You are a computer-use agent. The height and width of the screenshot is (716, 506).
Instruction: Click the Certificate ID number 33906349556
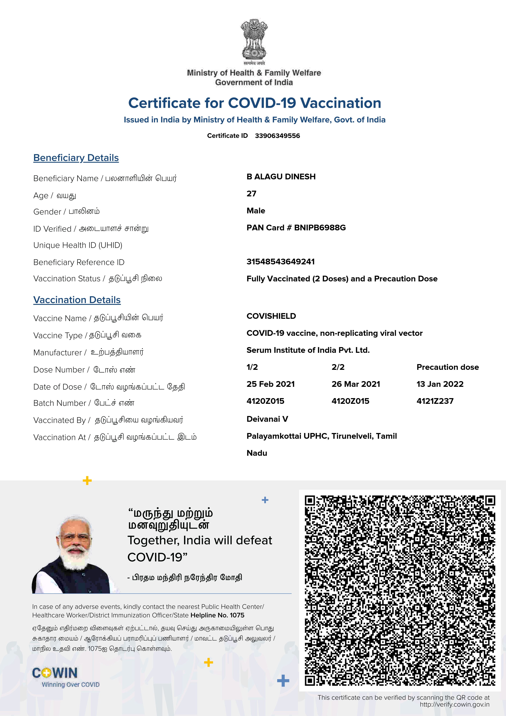point(277,136)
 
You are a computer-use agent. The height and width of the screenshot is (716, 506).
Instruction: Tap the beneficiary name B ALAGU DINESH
point(281,177)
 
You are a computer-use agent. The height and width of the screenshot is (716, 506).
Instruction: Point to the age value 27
point(251,194)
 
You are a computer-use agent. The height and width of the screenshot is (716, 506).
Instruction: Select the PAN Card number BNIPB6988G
point(320,228)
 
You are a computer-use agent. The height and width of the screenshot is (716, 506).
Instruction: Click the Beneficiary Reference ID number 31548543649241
point(280,262)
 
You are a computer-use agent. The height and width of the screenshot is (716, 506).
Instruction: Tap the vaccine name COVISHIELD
point(271,316)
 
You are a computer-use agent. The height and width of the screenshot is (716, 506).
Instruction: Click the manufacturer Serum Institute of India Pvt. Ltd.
point(308,350)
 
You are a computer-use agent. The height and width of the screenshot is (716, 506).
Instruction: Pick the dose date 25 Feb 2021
point(271,384)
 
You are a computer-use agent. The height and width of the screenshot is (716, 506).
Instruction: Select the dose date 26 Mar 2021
point(356,384)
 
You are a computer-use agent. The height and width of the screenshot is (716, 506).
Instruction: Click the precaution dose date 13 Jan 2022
point(440,384)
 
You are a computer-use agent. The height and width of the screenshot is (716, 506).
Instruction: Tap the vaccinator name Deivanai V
point(267,419)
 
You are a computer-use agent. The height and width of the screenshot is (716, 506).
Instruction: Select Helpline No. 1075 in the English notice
point(217,615)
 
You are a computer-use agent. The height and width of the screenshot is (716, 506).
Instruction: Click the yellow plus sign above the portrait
point(87,481)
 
